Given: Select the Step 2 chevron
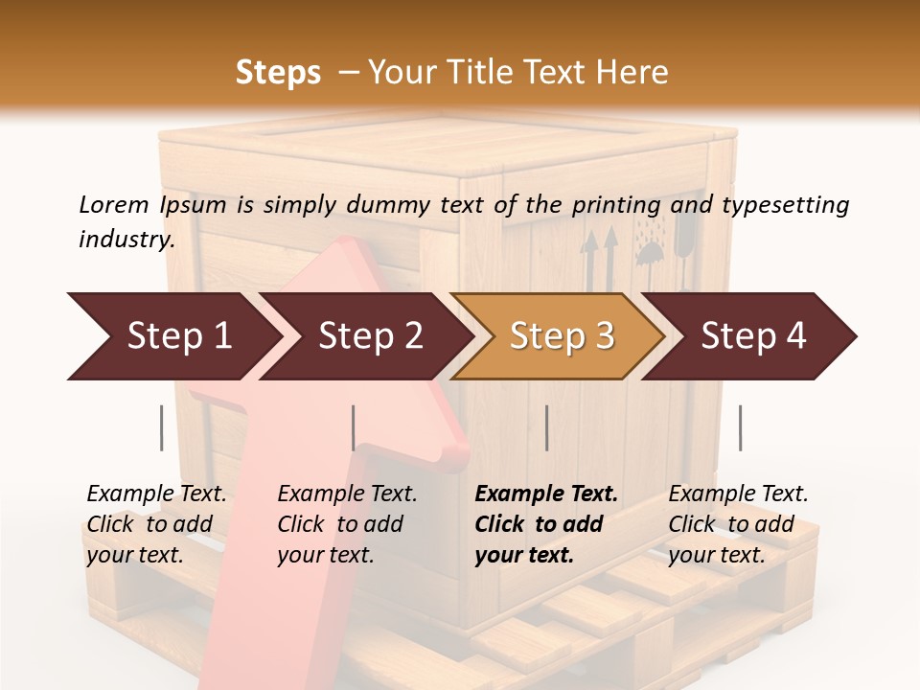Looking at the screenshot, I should pos(369,336).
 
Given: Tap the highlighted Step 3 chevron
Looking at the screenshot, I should pos(561,336).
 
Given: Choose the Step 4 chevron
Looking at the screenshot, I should pos(752,336).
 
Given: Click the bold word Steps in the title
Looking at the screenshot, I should pos(278,73).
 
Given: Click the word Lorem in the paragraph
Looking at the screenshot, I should pos(114,204).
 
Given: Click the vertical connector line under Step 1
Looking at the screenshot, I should pos(162,427).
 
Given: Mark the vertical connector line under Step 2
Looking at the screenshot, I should pos(354,427).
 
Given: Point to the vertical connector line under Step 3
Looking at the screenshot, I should pos(546,427).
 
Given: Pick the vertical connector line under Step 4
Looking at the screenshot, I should pos(740,427).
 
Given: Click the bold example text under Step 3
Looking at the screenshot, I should pos(545,524).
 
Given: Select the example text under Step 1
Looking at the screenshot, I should pos(156,524).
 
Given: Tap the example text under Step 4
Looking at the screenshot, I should pos(738,524).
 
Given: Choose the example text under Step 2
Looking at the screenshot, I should pos(347,524).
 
